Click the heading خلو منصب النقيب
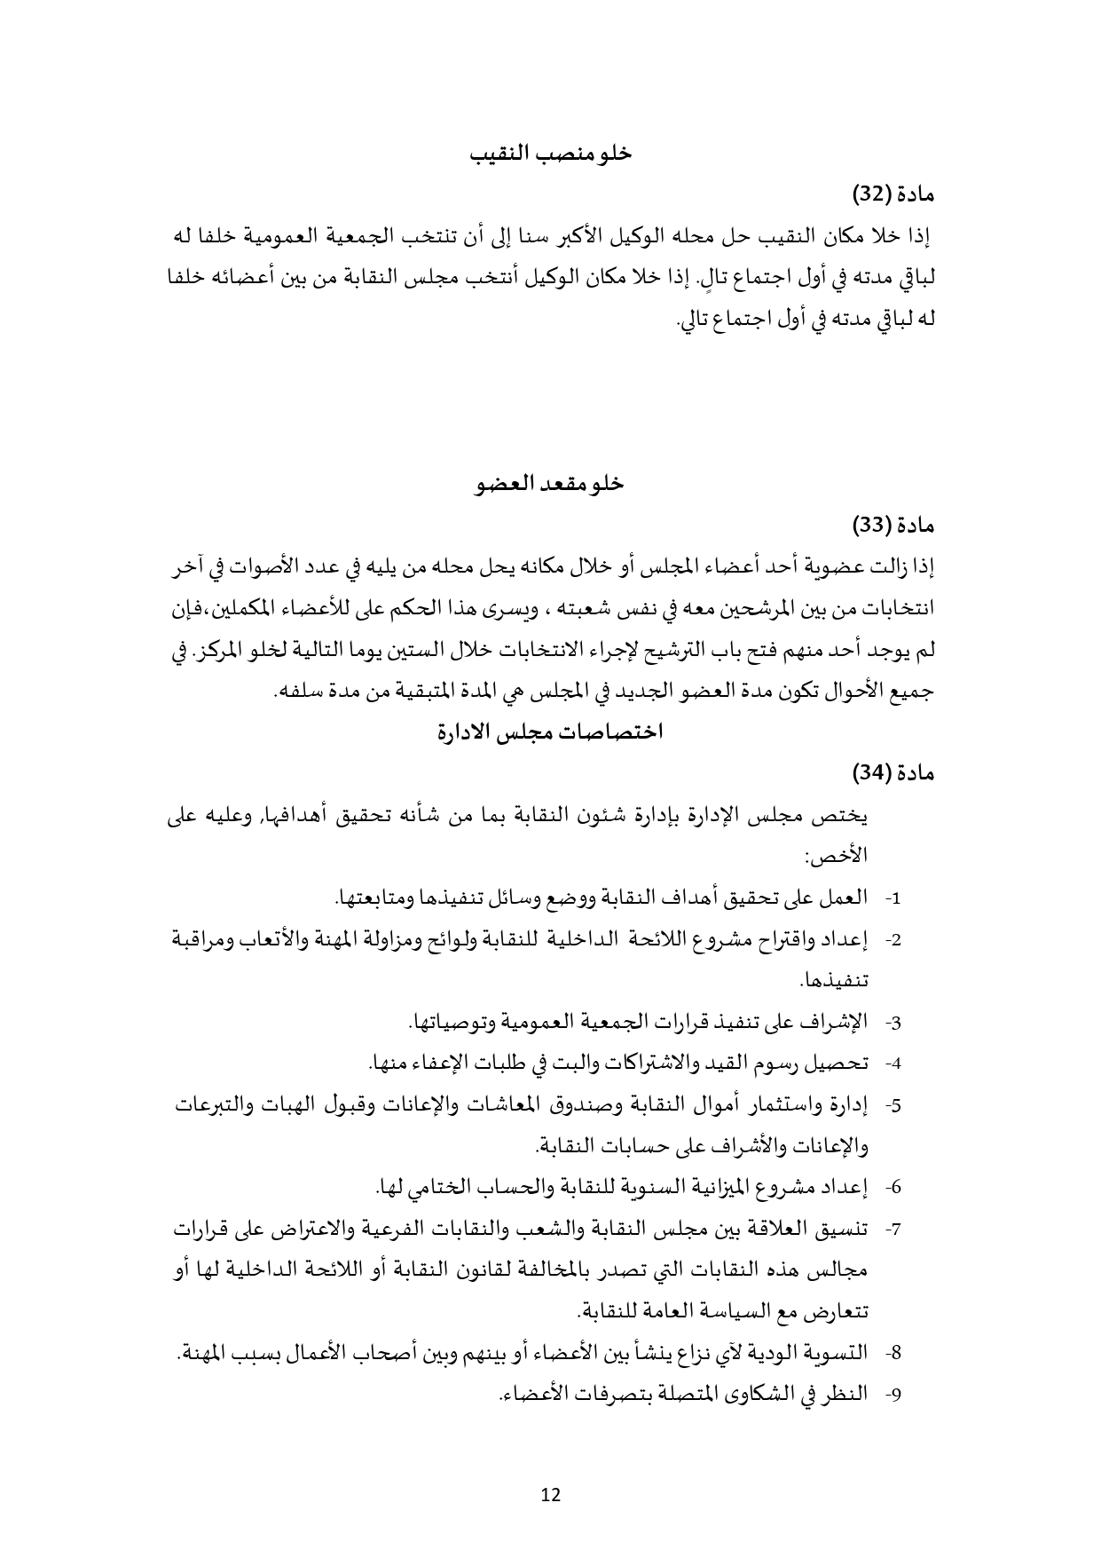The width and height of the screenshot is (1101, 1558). [550, 153]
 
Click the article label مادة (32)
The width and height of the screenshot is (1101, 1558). [893, 193]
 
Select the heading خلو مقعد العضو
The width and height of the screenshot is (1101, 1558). [550, 484]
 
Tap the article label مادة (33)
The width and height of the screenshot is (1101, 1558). [893, 526]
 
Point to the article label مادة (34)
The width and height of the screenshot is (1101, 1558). [893, 773]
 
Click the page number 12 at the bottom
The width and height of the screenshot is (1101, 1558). [550, 1495]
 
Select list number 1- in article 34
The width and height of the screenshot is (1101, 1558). [893, 898]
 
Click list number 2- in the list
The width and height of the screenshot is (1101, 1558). [893, 940]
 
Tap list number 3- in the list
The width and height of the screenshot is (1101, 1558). [893, 1023]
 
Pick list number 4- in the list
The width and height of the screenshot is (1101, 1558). [893, 1064]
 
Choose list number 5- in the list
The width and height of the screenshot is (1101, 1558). [893, 1105]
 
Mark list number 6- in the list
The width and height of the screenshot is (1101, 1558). [893, 1188]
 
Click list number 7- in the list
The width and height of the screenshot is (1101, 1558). [893, 1230]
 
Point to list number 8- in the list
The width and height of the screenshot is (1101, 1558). [893, 1354]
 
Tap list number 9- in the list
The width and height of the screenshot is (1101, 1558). [893, 1395]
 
